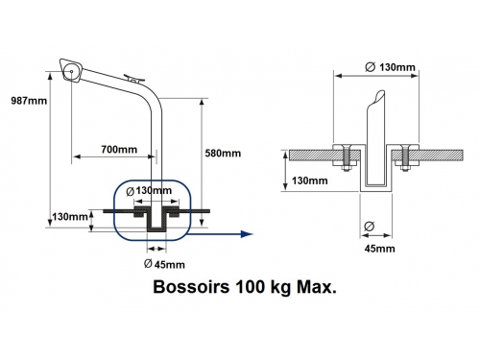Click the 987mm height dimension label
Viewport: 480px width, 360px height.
(x=29, y=101)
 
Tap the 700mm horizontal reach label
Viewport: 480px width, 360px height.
(x=119, y=150)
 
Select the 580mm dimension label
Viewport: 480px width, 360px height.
(x=223, y=154)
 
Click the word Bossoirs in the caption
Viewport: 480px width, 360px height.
(x=191, y=287)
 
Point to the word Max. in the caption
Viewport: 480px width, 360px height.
(x=317, y=287)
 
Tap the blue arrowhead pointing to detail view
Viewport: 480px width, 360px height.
(x=247, y=234)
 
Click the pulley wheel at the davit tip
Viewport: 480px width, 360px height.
(x=71, y=72)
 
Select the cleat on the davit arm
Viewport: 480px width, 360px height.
(x=135, y=78)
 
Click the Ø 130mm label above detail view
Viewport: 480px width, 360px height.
(x=390, y=67)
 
